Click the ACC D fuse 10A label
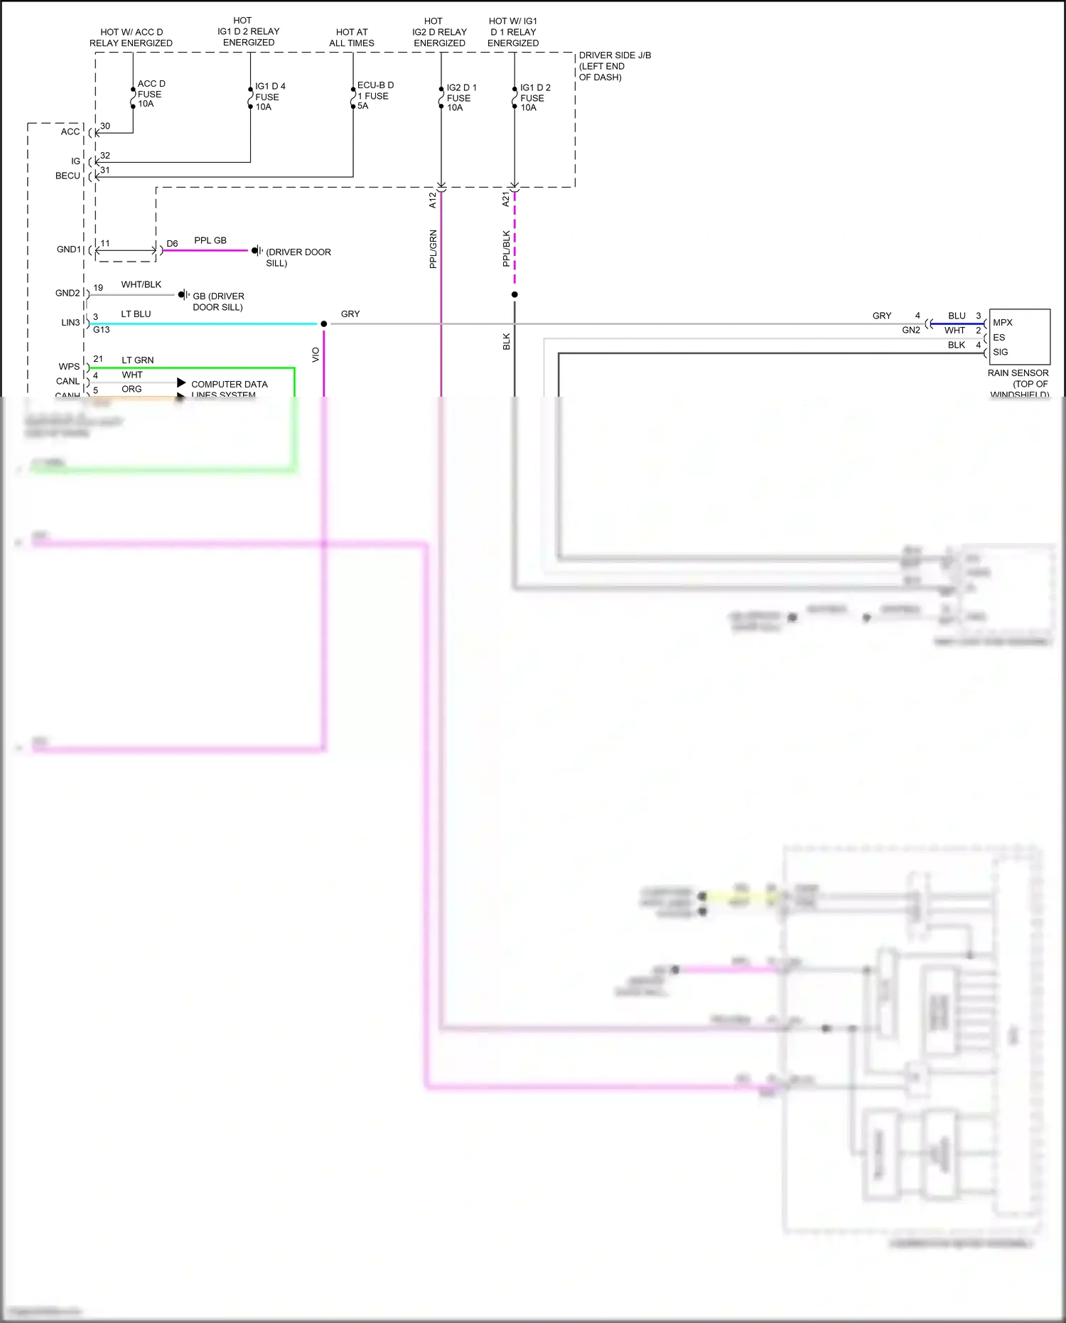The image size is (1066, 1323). click(150, 94)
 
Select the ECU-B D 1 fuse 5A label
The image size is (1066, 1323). click(375, 95)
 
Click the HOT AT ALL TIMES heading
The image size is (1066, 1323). click(352, 38)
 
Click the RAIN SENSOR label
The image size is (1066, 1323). click(1018, 373)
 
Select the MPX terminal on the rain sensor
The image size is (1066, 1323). click(1002, 323)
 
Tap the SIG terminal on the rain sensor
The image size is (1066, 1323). click(1000, 352)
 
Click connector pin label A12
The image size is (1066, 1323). click(432, 200)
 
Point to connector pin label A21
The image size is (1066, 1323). click(505, 200)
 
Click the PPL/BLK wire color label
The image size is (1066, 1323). click(506, 248)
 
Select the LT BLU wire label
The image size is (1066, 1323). click(136, 314)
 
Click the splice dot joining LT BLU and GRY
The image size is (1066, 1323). click(324, 324)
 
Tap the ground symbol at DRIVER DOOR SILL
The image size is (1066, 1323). click(257, 251)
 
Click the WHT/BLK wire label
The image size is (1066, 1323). click(141, 284)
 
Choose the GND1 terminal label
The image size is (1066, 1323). click(69, 250)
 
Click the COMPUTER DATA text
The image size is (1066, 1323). click(229, 385)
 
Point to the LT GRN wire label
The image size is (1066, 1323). click(137, 360)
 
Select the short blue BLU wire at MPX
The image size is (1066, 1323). click(957, 324)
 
